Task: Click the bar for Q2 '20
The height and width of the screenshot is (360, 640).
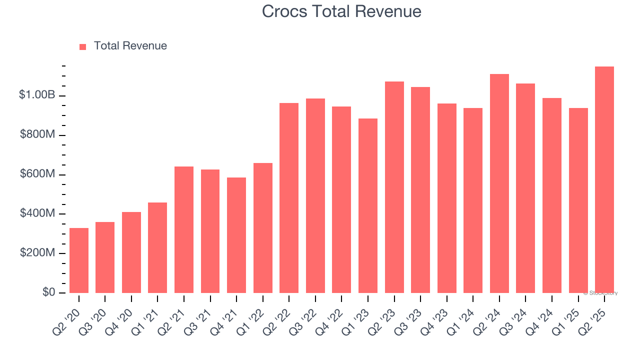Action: [79, 260]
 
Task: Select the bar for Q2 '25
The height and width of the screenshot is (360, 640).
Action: [604, 180]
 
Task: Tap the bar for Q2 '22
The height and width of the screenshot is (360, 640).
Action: [289, 198]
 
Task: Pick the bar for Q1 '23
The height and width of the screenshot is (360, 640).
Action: [368, 205]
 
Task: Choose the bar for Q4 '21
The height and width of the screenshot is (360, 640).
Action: [236, 235]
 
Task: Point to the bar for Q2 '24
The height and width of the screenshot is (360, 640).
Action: [499, 183]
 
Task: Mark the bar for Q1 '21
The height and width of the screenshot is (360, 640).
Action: [157, 247]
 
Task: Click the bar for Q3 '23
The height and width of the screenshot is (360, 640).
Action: [420, 190]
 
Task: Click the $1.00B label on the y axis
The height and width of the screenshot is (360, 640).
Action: [36, 95]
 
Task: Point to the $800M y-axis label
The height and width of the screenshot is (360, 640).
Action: [37, 135]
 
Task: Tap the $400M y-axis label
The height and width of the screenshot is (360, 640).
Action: [37, 213]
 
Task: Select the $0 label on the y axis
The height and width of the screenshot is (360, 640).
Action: [48, 292]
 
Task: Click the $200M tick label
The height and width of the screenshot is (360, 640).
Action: [37, 253]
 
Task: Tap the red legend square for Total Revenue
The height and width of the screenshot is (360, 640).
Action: [83, 46]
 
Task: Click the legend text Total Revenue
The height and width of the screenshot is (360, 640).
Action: [130, 46]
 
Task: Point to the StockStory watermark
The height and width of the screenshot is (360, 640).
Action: [600, 293]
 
